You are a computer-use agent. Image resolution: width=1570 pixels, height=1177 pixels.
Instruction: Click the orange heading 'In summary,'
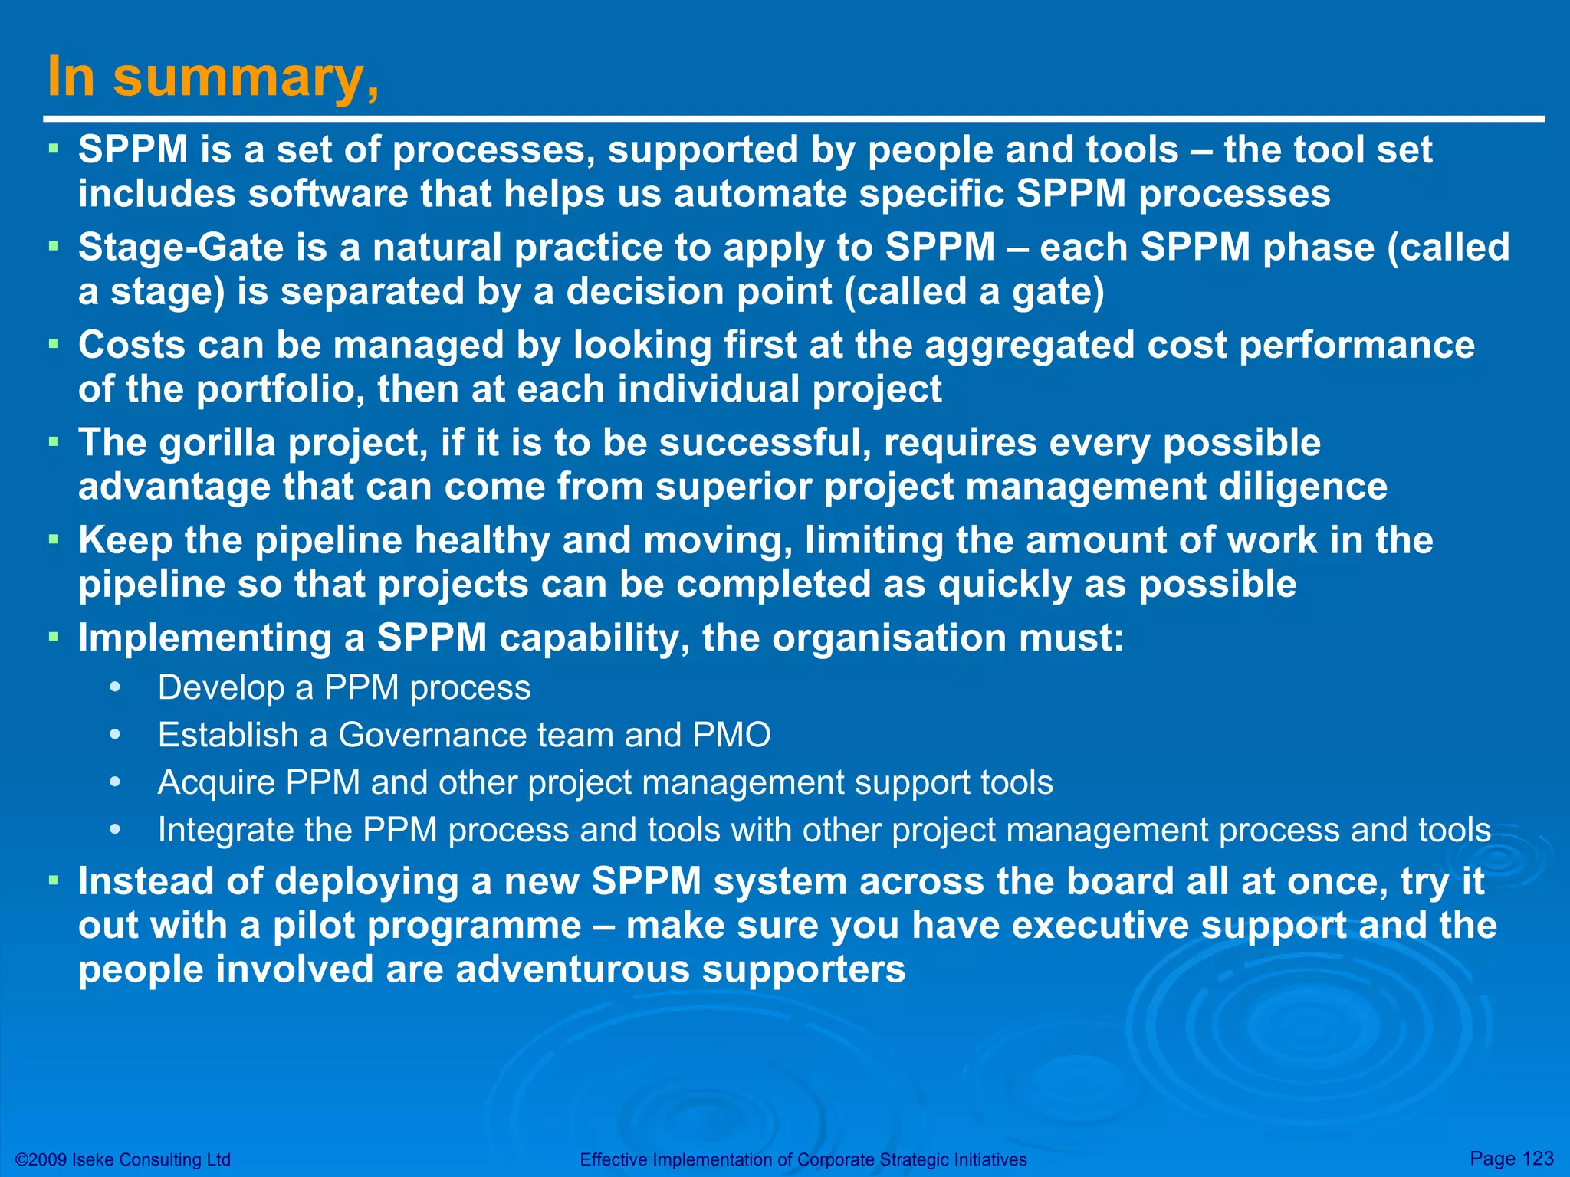pyautogui.click(x=212, y=78)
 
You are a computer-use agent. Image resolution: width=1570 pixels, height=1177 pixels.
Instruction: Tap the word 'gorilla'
pyautogui.click(x=217, y=444)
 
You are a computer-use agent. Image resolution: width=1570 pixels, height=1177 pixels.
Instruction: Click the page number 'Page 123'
pyautogui.click(x=1511, y=1159)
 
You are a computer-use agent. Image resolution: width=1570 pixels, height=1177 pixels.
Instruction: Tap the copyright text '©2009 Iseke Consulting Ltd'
pyautogui.click(x=123, y=1160)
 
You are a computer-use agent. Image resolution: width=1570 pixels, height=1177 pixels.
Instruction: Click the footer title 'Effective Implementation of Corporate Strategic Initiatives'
pyautogui.click(x=803, y=1160)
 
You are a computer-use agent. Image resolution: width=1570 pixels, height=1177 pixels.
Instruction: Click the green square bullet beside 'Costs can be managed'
pyautogui.click(x=54, y=344)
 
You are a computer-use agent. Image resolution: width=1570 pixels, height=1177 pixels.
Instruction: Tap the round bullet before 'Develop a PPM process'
pyautogui.click(x=116, y=687)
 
